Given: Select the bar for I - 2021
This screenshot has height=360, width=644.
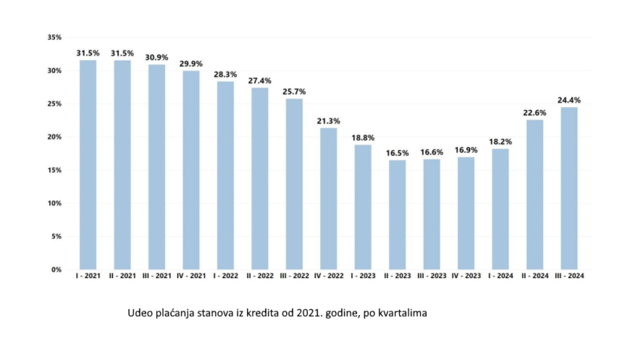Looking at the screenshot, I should coord(88,164).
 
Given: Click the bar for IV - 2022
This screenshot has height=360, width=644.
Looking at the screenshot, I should coord(328,198).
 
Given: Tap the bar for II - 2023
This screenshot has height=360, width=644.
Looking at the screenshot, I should coord(398,214).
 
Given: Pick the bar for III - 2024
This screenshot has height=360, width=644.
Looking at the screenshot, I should coord(569,188).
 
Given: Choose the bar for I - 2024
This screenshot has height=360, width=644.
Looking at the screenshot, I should coord(500,209).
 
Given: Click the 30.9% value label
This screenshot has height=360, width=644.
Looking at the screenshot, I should coord(156,57).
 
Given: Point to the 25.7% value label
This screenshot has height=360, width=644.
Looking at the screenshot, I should coord(294,92).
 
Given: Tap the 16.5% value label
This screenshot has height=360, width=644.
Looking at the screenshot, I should coord(398,153).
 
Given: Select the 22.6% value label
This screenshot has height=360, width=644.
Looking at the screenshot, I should coord(535,113).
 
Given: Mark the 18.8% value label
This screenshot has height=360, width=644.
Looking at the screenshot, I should coord(363,138).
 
